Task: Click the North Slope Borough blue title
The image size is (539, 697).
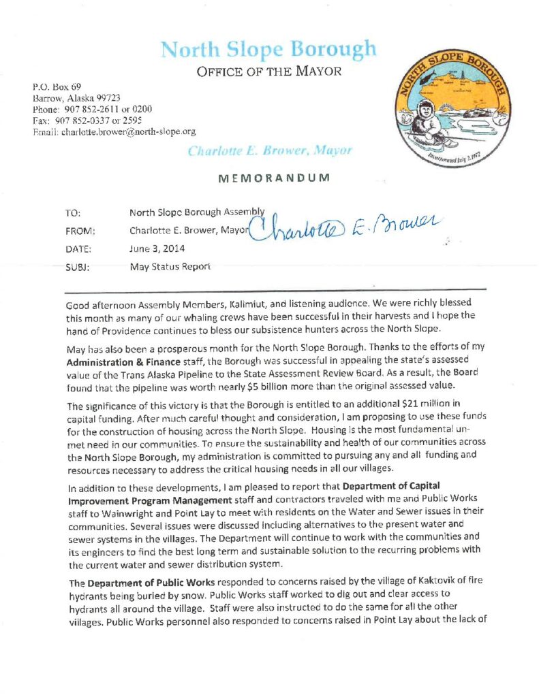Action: coord(268,50)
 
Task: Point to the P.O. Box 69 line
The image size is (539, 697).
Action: coord(57,86)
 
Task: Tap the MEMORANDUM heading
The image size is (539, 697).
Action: coord(273,178)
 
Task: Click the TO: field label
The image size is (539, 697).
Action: coord(73,213)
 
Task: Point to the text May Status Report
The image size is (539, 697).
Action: coord(170,267)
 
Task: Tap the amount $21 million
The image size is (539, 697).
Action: coord(406,406)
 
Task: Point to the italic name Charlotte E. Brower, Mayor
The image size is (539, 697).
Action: coord(270,150)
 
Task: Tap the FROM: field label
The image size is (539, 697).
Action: coord(80,231)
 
